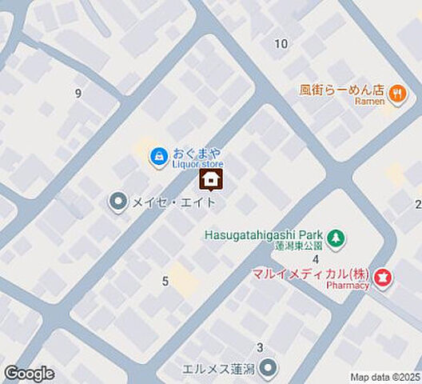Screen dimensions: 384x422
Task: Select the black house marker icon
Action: [x=211, y=180]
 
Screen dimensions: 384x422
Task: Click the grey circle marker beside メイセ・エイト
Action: [x=118, y=201]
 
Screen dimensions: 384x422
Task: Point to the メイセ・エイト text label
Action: [x=175, y=202]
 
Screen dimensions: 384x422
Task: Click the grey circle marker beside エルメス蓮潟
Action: [x=269, y=368]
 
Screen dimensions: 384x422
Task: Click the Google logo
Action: [x=29, y=374]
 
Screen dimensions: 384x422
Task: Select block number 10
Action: [x=281, y=43]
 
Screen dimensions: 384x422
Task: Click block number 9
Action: [x=78, y=94]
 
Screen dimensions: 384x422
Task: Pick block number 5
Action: [x=165, y=281]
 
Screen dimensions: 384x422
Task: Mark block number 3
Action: [x=260, y=347]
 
